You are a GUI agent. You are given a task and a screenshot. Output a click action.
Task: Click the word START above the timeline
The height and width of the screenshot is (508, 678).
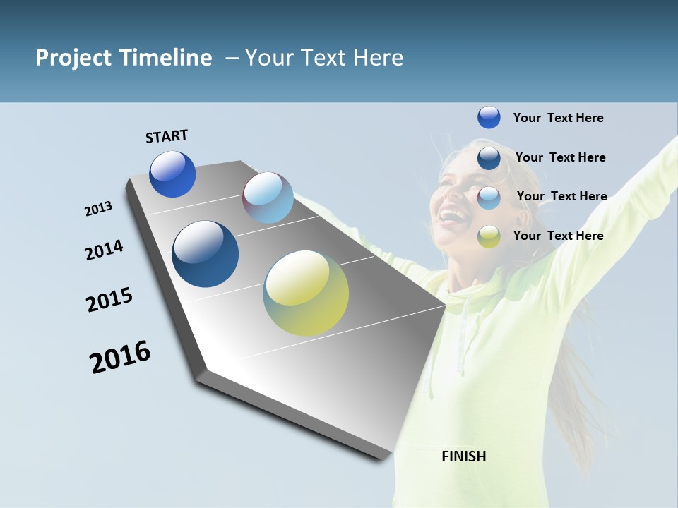[167, 135]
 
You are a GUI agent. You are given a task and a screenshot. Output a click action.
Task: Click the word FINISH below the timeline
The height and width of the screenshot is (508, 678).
[463, 456]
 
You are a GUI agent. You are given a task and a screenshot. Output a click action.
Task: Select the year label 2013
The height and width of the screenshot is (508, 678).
[99, 209]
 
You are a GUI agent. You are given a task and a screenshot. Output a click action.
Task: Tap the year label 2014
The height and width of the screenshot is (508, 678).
[105, 250]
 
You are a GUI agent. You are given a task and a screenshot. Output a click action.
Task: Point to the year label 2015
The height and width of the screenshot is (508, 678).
[109, 300]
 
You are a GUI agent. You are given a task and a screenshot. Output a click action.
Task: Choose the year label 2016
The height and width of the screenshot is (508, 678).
[120, 357]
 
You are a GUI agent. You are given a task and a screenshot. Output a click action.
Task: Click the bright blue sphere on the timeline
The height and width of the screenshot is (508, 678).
[172, 174]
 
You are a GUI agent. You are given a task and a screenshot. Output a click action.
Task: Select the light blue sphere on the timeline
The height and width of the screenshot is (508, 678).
[268, 198]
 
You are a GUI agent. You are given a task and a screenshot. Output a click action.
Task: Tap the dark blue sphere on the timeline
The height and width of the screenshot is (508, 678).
[206, 254]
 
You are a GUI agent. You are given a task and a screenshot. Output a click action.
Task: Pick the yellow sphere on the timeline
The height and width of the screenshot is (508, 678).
[306, 293]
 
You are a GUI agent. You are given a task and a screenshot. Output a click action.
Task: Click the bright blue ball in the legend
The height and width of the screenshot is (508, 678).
[489, 118]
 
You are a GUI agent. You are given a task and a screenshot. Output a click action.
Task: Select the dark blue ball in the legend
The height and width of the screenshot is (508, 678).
[489, 157]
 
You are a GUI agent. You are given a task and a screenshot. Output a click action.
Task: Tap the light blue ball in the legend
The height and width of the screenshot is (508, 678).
[489, 197]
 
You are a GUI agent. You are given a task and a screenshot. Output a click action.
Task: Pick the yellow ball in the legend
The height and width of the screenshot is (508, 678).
[489, 236]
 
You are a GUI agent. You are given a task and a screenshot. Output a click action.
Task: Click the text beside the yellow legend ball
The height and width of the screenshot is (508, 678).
[558, 236]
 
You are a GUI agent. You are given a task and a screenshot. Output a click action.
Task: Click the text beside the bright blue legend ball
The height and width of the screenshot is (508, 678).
[558, 118]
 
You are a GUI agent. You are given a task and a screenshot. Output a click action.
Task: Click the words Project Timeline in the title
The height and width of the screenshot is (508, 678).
[124, 58]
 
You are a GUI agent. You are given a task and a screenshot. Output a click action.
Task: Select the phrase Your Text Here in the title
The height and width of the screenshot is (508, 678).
[324, 58]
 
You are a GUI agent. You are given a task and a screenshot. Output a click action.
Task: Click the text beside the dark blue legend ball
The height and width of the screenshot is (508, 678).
[560, 157]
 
